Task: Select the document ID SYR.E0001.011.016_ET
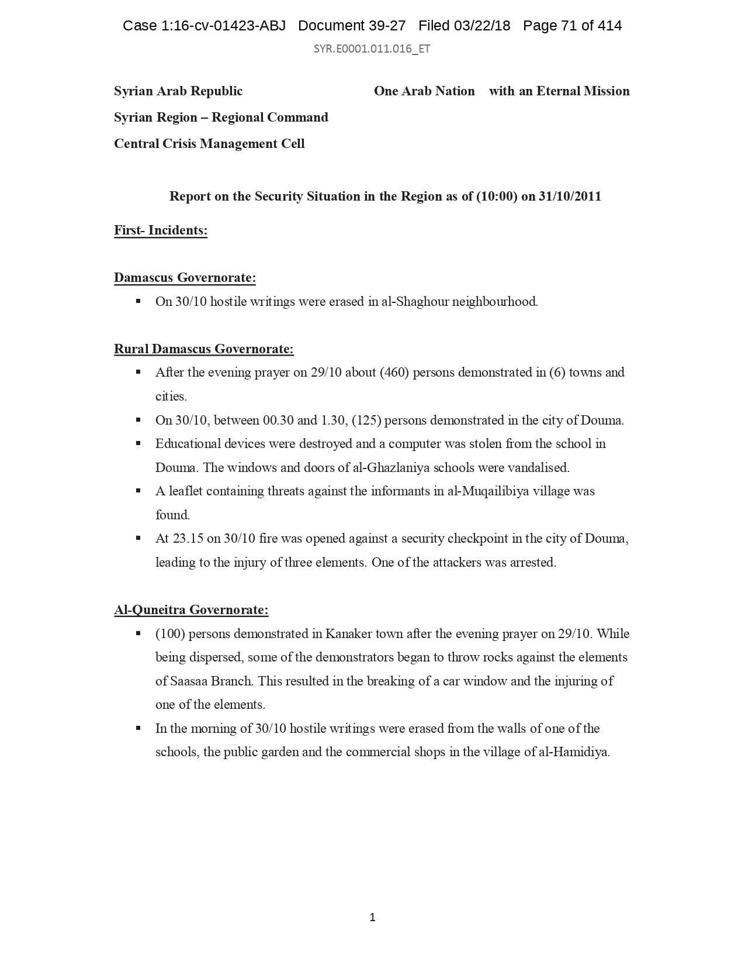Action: click(x=372, y=49)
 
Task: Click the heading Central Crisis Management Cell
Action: click(x=209, y=144)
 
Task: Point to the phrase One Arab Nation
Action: click(x=424, y=91)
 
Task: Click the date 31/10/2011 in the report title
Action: click(x=570, y=197)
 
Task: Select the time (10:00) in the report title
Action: click(x=497, y=197)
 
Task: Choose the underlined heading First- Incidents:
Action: click(x=161, y=230)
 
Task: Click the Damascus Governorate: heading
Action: click(x=185, y=278)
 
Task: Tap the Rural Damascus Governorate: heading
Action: click(x=203, y=349)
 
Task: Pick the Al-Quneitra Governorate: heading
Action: click(x=191, y=610)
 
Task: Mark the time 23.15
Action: click(x=188, y=539)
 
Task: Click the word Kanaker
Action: click(x=348, y=634)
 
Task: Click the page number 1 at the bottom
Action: click(x=372, y=918)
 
